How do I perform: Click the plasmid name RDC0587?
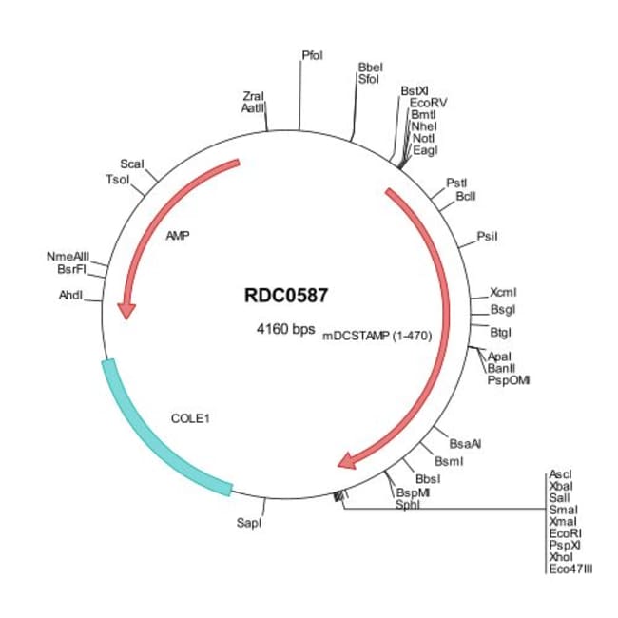(287, 295)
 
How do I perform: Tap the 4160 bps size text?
(286, 330)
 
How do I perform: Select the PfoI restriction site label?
(312, 55)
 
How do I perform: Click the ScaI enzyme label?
(132, 164)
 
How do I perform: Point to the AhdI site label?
(71, 295)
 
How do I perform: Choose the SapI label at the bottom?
(247, 523)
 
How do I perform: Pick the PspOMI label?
(509, 379)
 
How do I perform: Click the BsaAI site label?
(466, 443)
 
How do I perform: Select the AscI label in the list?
(560, 473)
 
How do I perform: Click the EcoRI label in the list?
(564, 533)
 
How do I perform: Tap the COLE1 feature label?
(189, 417)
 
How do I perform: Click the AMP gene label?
(178, 235)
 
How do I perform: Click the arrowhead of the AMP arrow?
(126, 311)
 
